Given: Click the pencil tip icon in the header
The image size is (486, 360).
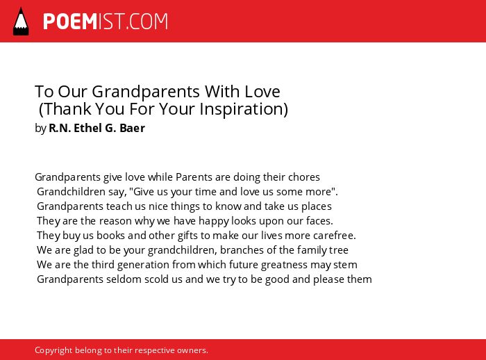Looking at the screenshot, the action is (21, 22).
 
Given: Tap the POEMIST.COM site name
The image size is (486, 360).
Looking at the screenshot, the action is (106, 22).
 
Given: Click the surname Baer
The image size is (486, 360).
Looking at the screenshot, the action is (132, 128).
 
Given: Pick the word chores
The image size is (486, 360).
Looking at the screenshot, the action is (304, 177).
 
